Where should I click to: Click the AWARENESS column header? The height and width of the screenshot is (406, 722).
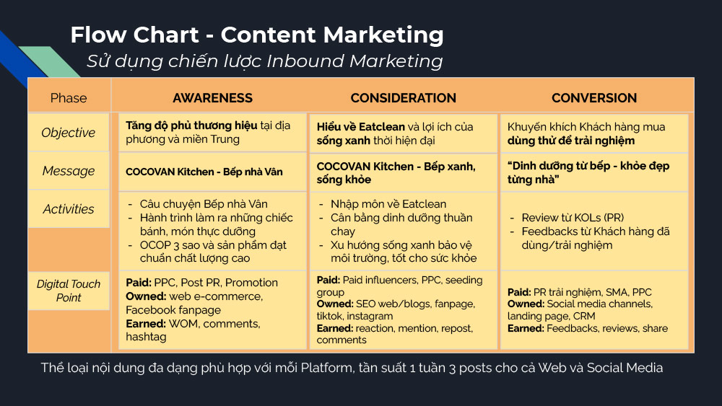click(x=212, y=98)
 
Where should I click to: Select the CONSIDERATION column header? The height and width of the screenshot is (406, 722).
click(x=404, y=98)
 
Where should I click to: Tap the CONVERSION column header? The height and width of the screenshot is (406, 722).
click(x=594, y=98)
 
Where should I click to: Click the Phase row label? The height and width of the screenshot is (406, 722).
click(x=69, y=98)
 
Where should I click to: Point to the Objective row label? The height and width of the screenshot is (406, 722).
click(x=68, y=133)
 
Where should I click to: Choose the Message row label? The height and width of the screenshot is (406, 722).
click(x=68, y=171)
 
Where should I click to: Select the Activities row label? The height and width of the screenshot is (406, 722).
click(x=68, y=209)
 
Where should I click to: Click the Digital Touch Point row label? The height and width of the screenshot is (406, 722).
click(x=69, y=291)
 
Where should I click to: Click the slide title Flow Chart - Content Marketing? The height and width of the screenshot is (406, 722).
click(x=257, y=35)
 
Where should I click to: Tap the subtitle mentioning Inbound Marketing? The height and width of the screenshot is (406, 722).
click(x=265, y=61)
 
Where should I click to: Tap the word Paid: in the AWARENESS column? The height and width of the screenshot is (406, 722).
click(x=138, y=282)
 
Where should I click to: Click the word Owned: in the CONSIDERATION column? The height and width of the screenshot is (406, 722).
click(x=335, y=304)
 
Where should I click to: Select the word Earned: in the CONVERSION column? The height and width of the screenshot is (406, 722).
click(x=526, y=328)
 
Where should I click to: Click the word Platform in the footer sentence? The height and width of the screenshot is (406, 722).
click(x=326, y=368)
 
